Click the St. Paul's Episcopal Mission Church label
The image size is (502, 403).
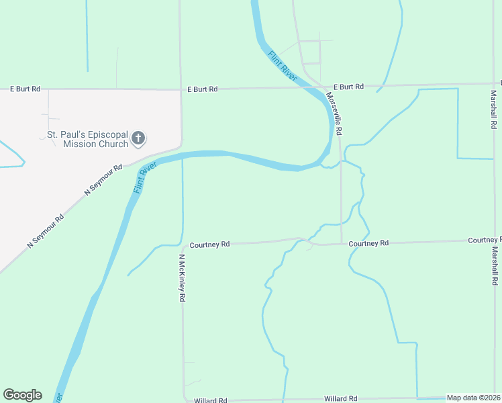click(x=87, y=139)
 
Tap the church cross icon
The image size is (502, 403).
click(x=138, y=139)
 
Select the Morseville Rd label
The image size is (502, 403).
click(x=334, y=114)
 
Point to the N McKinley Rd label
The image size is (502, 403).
click(x=181, y=278)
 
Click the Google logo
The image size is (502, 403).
click(x=22, y=395)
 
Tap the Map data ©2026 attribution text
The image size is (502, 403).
click(x=473, y=398)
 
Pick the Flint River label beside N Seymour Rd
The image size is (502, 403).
click(x=144, y=177)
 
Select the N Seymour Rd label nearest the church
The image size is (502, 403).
click(x=103, y=180)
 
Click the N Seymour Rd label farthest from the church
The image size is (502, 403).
click(x=46, y=231)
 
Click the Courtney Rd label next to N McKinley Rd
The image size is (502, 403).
click(x=209, y=245)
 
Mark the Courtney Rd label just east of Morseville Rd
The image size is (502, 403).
click(x=368, y=242)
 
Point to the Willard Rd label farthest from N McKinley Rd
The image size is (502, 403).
click(x=340, y=398)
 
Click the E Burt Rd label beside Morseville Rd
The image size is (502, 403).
click(x=348, y=87)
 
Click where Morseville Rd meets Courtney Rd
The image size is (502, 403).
click(x=342, y=243)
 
